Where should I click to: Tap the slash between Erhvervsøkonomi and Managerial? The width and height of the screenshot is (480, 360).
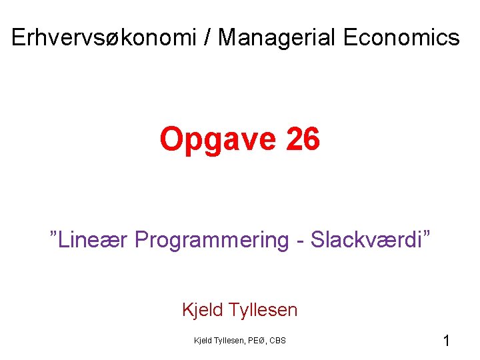pos(209,38)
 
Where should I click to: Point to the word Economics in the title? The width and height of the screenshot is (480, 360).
pos(401,38)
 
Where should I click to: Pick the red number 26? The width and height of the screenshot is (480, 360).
pos(302,139)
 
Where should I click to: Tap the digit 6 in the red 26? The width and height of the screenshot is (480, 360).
pos(311,139)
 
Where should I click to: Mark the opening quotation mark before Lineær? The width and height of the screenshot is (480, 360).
pos(54,235)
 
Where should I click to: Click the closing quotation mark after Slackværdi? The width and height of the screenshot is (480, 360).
pos(425,235)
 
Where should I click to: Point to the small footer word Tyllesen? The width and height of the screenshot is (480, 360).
pos(229,341)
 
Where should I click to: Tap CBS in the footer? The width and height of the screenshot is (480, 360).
pos(278,341)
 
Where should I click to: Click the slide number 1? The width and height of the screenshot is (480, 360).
pos(446,341)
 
